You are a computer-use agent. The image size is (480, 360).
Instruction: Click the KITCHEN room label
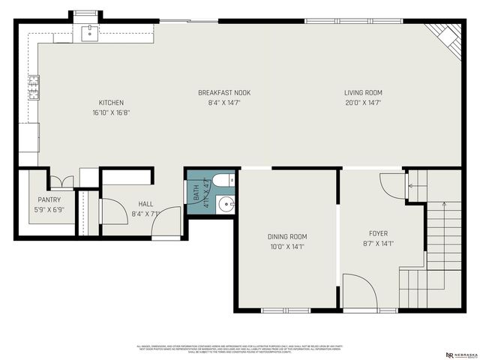tap(111, 103)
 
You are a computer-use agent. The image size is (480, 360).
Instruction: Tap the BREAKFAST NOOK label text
tap(223, 93)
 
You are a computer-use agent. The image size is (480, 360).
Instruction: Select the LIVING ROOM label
tap(363, 93)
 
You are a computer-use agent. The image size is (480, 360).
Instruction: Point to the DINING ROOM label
tap(287, 237)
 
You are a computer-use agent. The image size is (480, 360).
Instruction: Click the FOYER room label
tap(377, 233)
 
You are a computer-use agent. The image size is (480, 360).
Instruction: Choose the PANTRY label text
tap(49, 200)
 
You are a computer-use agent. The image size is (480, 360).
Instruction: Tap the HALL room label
tap(145, 204)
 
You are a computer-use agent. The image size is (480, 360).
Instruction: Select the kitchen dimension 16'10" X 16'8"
tap(111, 112)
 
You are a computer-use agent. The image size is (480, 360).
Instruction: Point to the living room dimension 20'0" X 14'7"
tap(363, 103)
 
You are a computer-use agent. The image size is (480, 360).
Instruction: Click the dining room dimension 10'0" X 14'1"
tap(287, 246)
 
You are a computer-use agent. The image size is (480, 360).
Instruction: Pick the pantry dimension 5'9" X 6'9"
tap(49, 210)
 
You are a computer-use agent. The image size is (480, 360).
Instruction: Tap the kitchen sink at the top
tap(89, 31)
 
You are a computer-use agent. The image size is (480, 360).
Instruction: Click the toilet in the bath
tap(222, 181)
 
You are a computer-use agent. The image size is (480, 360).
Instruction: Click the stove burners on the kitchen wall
tap(34, 88)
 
